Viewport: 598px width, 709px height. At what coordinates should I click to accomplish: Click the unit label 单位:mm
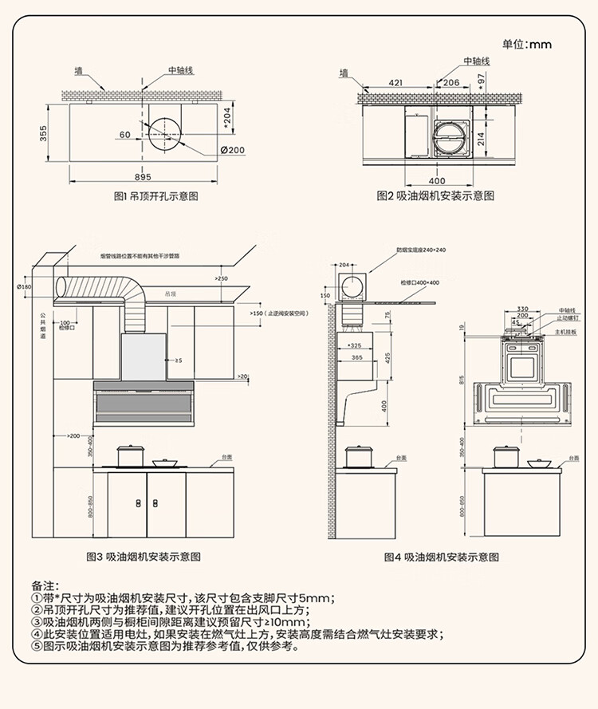(x=526, y=44)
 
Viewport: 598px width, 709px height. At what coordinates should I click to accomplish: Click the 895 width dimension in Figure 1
(x=143, y=177)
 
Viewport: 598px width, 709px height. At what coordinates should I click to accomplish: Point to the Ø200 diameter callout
(x=232, y=151)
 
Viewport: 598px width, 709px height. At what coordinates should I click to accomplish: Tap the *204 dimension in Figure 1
(x=226, y=119)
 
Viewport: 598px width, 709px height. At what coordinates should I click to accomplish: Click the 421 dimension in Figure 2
(x=395, y=82)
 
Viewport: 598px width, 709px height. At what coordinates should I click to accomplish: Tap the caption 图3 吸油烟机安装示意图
(x=143, y=557)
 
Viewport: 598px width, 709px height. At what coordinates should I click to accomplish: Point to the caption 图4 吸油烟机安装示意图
(x=441, y=557)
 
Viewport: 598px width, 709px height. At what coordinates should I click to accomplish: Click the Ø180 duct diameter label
(x=24, y=286)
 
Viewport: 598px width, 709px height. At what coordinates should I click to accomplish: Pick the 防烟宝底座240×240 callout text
(x=421, y=250)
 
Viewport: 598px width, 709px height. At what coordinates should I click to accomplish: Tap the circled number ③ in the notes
(x=36, y=622)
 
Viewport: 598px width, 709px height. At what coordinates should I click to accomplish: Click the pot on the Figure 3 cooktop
(x=130, y=455)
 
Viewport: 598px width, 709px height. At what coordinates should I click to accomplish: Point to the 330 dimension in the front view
(x=523, y=309)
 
